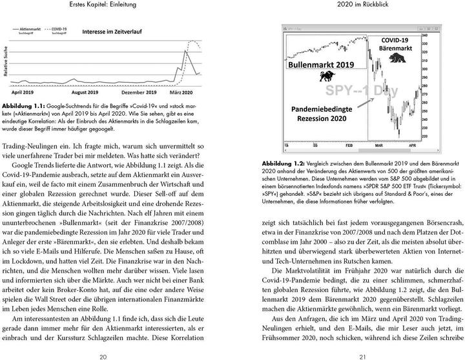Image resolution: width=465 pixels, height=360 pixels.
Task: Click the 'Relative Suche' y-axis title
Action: click(6, 62)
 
